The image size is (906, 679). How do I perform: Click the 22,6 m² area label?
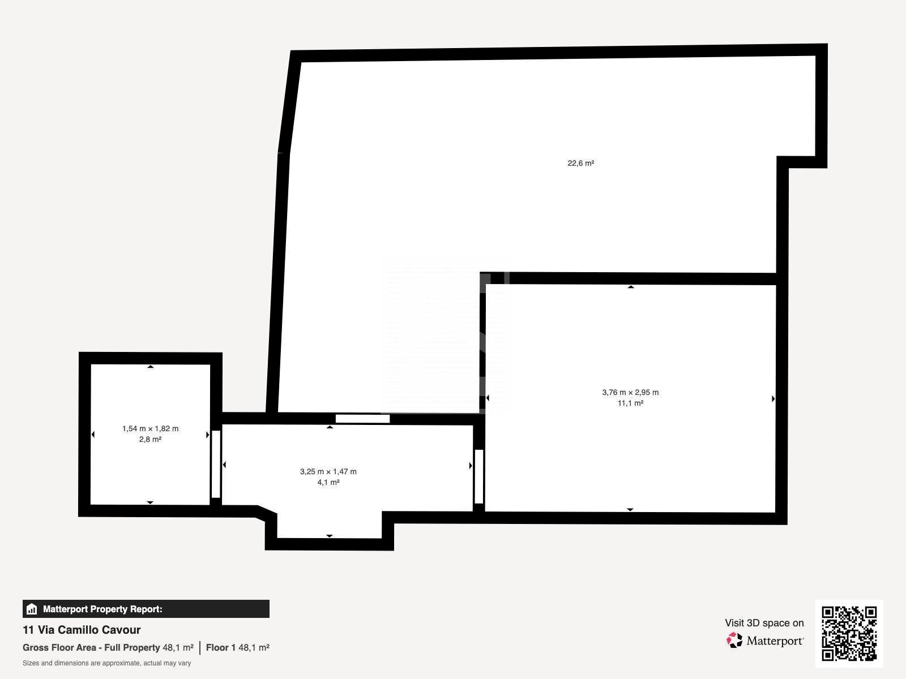[x=581, y=164]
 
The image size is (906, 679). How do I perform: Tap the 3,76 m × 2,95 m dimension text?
[x=630, y=393]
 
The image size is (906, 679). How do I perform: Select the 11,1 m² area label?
[x=630, y=403]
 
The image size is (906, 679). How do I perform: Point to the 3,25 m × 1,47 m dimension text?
[x=328, y=472]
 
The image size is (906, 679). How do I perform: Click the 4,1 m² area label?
[x=328, y=482]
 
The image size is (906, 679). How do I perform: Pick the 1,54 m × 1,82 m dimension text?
[x=150, y=429]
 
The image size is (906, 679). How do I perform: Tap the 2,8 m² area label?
[x=150, y=440]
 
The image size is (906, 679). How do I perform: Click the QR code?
[x=849, y=633]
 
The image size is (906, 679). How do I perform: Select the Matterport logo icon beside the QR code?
[x=734, y=641]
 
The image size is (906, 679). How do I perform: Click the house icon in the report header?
[x=32, y=609]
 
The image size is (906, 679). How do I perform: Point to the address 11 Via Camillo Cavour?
[x=82, y=630]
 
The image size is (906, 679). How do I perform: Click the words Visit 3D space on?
[x=764, y=623]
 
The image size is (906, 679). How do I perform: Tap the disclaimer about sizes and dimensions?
[x=107, y=663]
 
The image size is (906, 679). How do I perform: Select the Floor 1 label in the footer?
[x=221, y=648]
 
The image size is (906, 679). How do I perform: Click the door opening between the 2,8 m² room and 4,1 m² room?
[x=216, y=464]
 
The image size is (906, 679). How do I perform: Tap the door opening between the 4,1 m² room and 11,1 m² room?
[x=479, y=476]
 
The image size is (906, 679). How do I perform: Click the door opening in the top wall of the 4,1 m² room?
[x=362, y=419]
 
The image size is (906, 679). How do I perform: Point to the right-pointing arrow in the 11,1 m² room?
[x=773, y=399]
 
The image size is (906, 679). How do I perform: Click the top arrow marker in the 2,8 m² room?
[x=151, y=367]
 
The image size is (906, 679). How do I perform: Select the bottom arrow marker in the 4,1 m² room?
[x=330, y=536]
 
